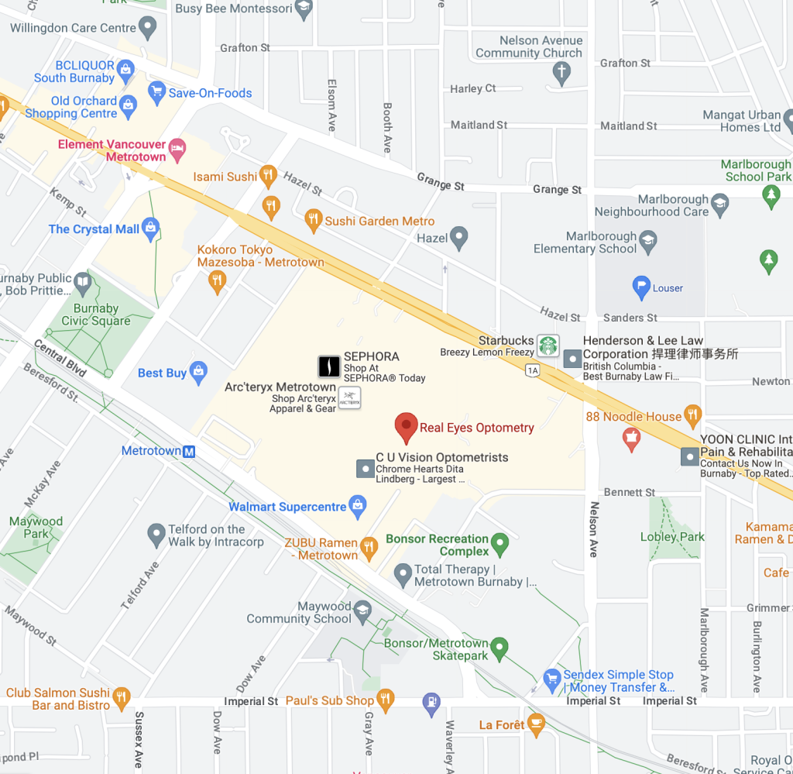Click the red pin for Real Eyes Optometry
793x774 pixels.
point(407,426)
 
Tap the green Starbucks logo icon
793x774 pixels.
point(548,346)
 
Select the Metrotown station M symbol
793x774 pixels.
point(189,451)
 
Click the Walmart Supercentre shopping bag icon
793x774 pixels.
point(358,507)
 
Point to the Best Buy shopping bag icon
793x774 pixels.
point(199,373)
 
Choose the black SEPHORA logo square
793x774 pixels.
point(329,366)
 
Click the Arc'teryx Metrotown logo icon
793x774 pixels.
point(350,398)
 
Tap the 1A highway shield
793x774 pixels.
point(532,370)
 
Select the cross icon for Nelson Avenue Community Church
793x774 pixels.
point(561,74)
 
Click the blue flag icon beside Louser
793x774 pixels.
point(641,287)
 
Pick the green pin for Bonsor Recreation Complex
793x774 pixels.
point(500,545)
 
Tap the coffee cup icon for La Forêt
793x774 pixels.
point(536,724)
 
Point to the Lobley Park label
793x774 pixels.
point(672,537)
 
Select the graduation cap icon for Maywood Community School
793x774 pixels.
point(362,613)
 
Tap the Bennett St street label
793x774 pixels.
point(630,492)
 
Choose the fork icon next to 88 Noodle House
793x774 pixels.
point(693,416)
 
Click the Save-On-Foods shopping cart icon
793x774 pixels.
point(157,92)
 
